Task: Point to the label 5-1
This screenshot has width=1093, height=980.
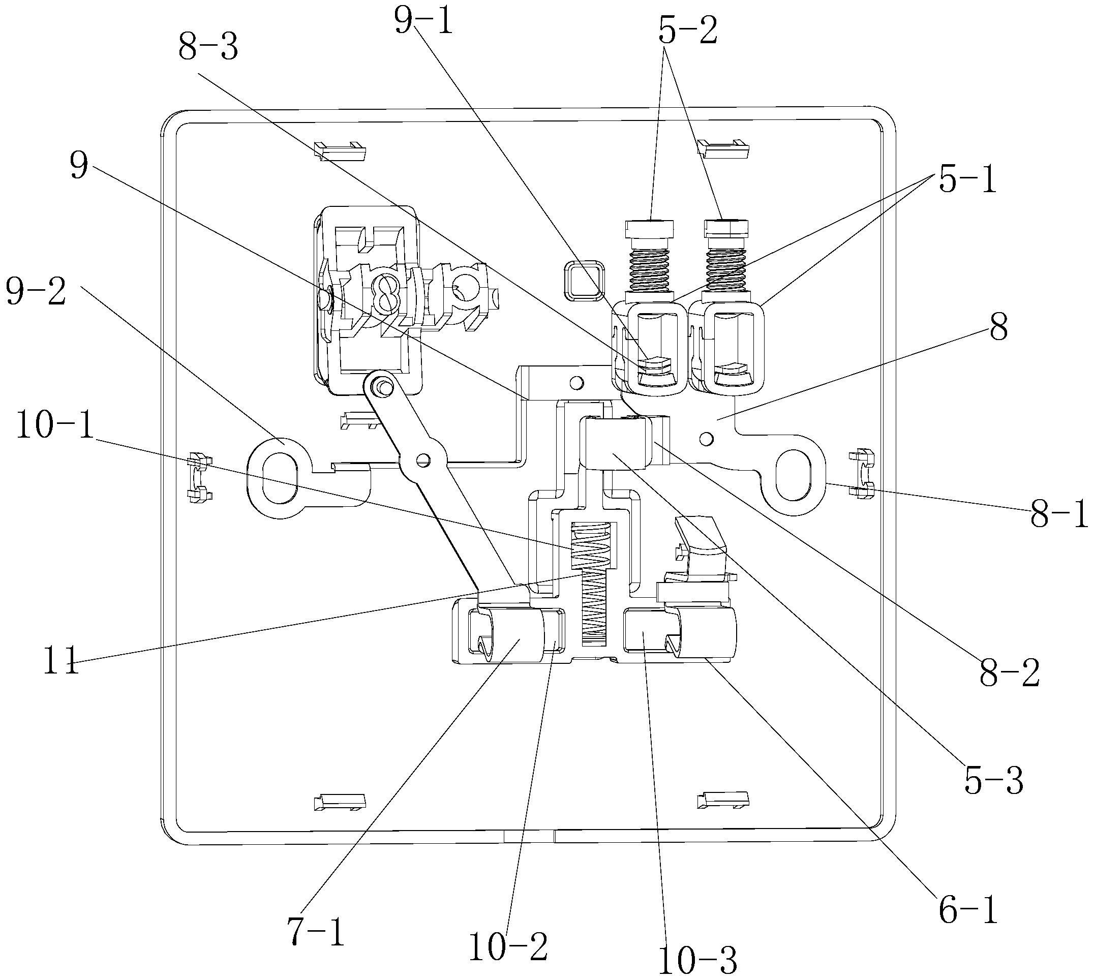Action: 967,180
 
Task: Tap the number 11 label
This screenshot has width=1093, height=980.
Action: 61,664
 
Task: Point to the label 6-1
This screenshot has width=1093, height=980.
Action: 968,910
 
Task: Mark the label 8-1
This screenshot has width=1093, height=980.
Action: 1059,515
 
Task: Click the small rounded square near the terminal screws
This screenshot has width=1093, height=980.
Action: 583,280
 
